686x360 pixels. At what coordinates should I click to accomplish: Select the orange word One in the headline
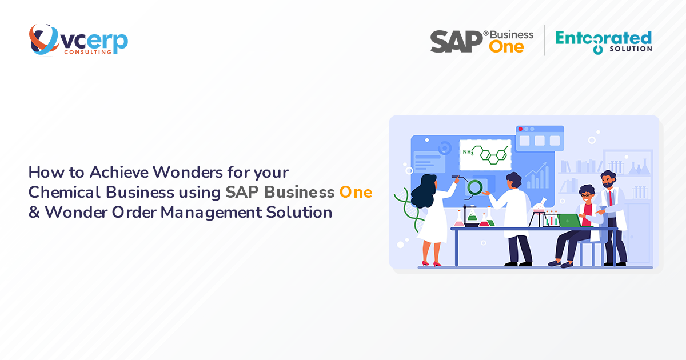coord(356,192)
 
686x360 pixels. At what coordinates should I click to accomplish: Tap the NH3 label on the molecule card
coord(468,152)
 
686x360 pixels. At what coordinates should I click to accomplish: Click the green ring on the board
coord(474,187)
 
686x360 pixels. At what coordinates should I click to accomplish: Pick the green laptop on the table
coord(569,220)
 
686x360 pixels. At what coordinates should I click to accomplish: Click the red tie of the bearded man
coord(611,198)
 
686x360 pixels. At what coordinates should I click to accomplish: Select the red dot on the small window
coord(520,129)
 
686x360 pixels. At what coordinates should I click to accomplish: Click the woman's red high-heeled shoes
coord(431,263)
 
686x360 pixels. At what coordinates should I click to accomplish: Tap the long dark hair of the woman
coord(425,191)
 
